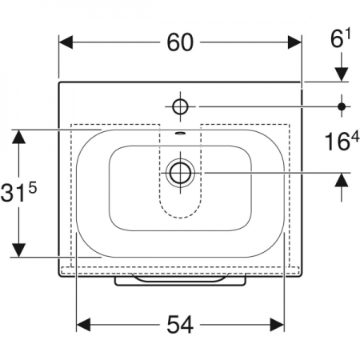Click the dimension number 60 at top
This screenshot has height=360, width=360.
point(180,42)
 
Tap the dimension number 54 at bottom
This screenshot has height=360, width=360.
point(180,325)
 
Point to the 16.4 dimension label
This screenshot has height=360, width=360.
point(342,141)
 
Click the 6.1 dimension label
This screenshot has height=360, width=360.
point(340,38)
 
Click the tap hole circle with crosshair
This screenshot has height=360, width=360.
point(180,106)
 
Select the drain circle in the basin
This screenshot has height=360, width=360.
point(180,173)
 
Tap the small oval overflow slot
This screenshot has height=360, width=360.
point(180,133)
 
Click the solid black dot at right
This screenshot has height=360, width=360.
point(342,106)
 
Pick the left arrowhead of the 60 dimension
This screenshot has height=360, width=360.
point(66,42)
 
